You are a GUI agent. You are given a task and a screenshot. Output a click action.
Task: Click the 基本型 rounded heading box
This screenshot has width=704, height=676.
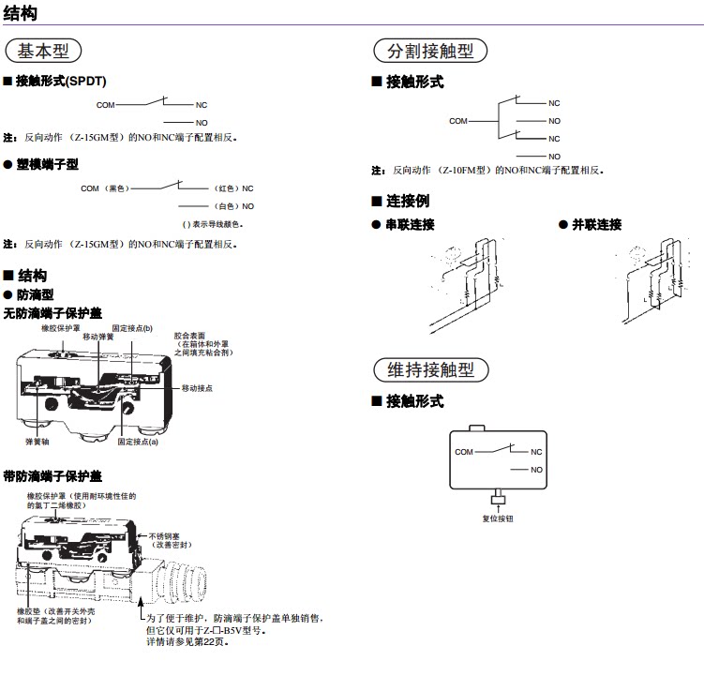(x=43, y=51)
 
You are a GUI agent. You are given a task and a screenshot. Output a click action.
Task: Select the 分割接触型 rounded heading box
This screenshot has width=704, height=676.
(x=430, y=51)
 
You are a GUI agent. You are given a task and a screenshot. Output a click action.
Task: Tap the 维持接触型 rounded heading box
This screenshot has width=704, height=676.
(x=430, y=369)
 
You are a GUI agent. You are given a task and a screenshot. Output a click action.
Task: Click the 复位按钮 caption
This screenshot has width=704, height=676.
(x=498, y=518)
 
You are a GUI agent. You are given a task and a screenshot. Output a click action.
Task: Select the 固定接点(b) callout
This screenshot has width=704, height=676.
(x=132, y=328)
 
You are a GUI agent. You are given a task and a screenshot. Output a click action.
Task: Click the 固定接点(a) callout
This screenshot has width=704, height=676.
(x=138, y=441)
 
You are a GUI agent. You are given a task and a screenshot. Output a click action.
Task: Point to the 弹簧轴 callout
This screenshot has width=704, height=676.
(x=37, y=441)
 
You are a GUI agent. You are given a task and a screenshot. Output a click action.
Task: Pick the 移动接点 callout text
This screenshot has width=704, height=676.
(x=198, y=387)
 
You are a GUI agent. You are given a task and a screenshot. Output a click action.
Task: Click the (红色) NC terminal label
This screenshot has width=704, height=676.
(x=234, y=188)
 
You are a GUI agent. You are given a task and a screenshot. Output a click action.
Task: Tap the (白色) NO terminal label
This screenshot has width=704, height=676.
(x=234, y=205)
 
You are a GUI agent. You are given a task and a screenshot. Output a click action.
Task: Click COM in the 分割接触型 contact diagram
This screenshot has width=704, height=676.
(x=457, y=121)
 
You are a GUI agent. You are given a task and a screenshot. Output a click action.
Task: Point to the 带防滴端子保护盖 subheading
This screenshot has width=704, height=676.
(x=52, y=476)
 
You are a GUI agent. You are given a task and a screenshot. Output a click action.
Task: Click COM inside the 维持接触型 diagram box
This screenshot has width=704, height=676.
(x=464, y=452)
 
